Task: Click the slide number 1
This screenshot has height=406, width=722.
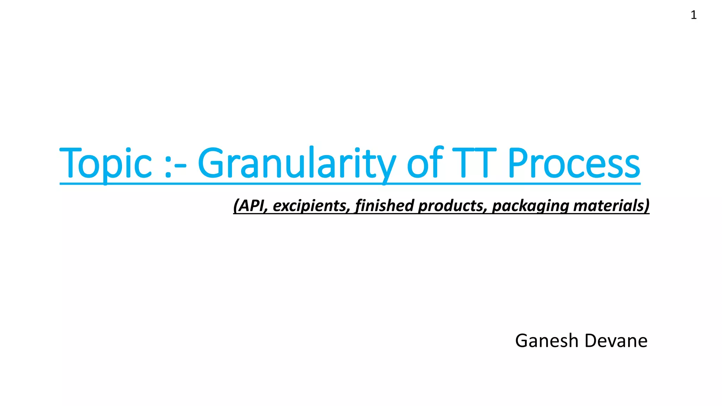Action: coord(693,15)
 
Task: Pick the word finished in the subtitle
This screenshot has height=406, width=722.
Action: coord(384,205)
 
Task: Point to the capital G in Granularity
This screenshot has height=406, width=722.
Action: coord(211,163)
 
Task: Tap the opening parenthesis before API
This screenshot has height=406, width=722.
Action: coord(236,205)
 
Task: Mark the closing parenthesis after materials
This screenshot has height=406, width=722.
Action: coord(647,205)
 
